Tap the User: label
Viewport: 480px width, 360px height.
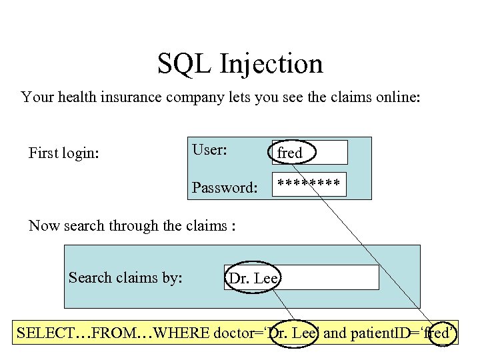pos(209,149)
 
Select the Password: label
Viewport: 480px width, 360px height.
pos(224,187)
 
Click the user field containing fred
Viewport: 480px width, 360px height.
pos(309,153)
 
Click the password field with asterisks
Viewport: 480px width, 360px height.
pos(309,184)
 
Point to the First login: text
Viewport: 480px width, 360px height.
pos(64,153)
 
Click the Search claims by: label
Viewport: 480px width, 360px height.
pos(125,277)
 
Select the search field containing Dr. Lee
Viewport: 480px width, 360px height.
pos(301,277)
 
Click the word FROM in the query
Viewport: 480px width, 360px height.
pos(114,332)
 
